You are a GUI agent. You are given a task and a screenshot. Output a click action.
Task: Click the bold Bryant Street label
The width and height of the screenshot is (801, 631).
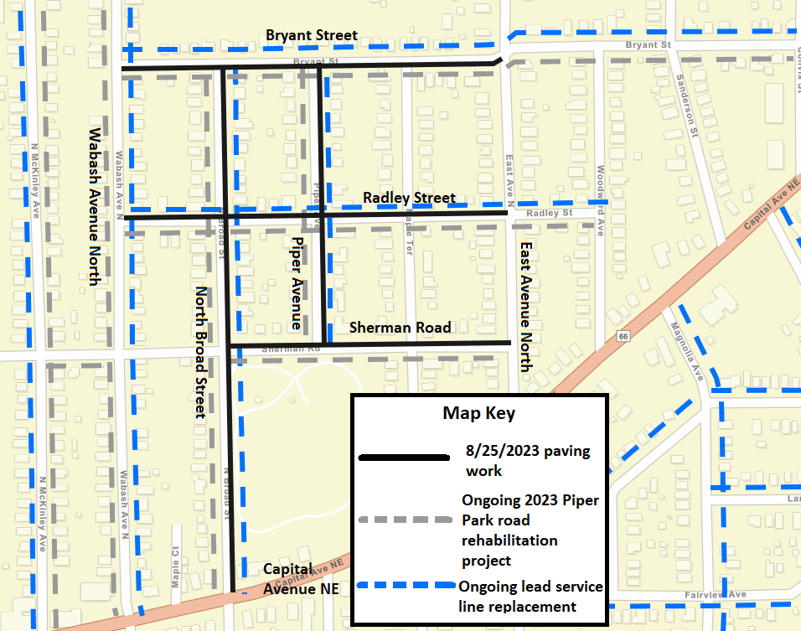(311, 36)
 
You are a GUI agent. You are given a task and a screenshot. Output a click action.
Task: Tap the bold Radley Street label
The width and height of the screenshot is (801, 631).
(409, 199)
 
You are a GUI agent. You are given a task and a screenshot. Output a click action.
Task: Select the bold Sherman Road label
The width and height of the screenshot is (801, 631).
(400, 328)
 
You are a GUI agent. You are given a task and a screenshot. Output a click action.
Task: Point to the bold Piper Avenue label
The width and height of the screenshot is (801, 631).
(297, 282)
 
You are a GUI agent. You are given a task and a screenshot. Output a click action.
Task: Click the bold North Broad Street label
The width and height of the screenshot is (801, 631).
(200, 352)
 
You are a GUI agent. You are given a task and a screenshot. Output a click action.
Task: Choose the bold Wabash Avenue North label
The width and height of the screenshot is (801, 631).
(94, 206)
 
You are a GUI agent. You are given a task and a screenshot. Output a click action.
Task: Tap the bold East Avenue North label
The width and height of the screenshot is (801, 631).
(525, 307)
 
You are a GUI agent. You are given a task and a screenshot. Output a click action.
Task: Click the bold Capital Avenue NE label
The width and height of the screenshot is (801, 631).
(301, 578)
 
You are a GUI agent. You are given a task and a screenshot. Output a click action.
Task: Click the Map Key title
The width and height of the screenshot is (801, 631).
(478, 413)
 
